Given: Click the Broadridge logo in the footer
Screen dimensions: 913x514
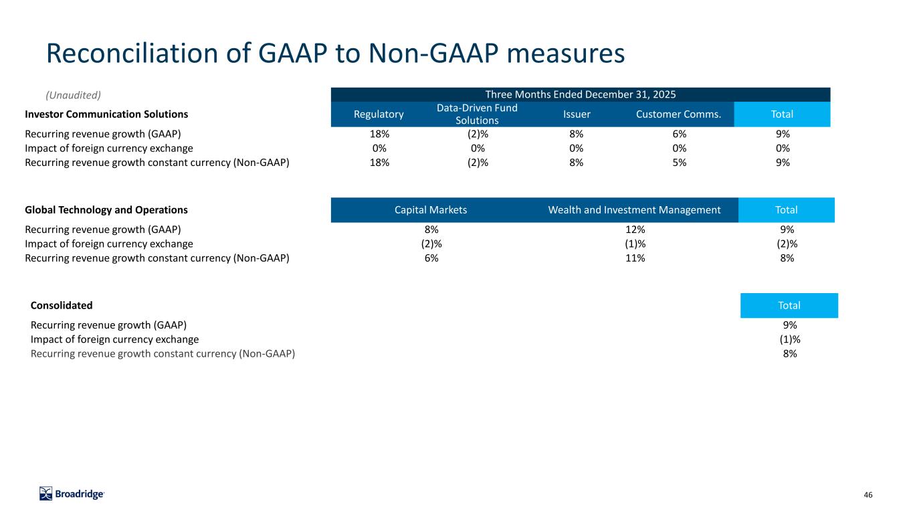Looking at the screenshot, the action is pyautogui.click(x=72, y=494).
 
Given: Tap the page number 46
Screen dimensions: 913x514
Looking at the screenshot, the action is pyautogui.click(x=868, y=495).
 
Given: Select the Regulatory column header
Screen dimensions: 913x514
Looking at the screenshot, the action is pyautogui.click(x=379, y=114).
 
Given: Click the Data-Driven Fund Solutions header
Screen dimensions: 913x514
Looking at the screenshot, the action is pyautogui.click(x=477, y=114).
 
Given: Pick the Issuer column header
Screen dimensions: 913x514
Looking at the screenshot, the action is pyautogui.click(x=577, y=114).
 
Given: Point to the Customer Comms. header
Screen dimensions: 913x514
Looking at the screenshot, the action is pyautogui.click(x=679, y=114).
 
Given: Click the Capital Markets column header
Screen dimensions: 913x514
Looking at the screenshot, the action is pyautogui.click(x=431, y=209).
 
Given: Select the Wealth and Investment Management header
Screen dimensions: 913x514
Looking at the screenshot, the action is pyautogui.click(x=634, y=209).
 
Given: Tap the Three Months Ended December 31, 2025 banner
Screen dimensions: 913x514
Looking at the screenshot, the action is pyautogui.click(x=581, y=94).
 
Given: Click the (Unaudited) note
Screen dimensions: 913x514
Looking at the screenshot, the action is pyautogui.click(x=73, y=95).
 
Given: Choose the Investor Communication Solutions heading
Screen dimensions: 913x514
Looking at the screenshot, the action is pyautogui.click(x=106, y=114).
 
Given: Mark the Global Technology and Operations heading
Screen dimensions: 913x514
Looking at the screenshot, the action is pyautogui.click(x=106, y=209).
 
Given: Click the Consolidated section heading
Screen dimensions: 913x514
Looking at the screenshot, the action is pyautogui.click(x=62, y=306).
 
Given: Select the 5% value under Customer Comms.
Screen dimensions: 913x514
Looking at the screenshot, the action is pyautogui.click(x=680, y=163).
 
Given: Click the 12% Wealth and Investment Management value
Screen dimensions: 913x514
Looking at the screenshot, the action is pyautogui.click(x=635, y=230).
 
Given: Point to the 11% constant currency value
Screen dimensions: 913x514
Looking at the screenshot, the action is pyautogui.click(x=635, y=258).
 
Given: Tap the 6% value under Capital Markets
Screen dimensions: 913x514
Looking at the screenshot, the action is pyautogui.click(x=431, y=258).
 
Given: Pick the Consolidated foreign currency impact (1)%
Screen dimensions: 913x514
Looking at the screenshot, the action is pyautogui.click(x=790, y=339).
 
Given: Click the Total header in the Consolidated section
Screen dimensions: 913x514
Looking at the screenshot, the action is pyautogui.click(x=789, y=306).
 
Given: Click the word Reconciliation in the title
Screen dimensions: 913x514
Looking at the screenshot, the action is pyautogui.click(x=132, y=54).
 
